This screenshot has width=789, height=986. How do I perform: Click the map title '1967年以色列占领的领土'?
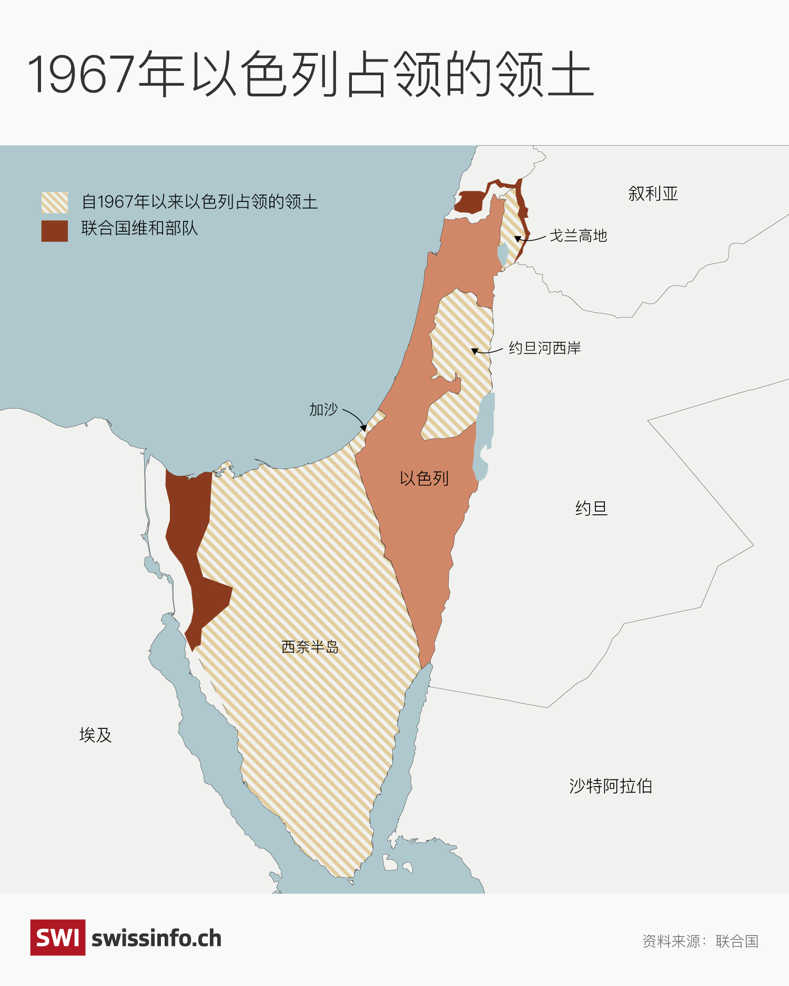click(x=310, y=74)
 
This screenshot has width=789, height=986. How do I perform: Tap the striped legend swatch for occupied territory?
click(x=55, y=202)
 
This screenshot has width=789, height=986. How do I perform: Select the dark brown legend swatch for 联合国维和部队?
click(x=55, y=231)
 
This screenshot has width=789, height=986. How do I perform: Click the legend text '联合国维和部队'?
click(x=139, y=228)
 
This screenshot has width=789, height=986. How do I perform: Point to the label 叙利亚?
click(x=653, y=194)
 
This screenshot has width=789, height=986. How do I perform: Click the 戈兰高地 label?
click(x=578, y=236)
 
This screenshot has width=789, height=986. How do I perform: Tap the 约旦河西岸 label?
click(x=544, y=348)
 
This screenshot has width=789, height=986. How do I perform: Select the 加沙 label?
click(x=323, y=409)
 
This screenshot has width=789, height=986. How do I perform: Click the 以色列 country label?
click(x=424, y=479)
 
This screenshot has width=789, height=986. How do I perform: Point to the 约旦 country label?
click(x=591, y=509)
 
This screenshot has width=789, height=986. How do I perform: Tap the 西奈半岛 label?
click(x=310, y=647)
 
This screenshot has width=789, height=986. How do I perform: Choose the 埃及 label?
click(x=95, y=735)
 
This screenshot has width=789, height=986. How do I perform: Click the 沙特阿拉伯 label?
click(x=610, y=786)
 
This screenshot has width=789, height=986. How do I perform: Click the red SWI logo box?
click(x=58, y=937)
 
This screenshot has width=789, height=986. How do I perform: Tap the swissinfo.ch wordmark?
click(x=156, y=939)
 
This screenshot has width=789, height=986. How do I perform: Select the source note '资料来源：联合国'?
click(x=700, y=941)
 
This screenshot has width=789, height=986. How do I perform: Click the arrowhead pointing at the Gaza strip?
click(x=364, y=428)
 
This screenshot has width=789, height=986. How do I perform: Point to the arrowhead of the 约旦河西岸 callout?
click(x=474, y=351)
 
